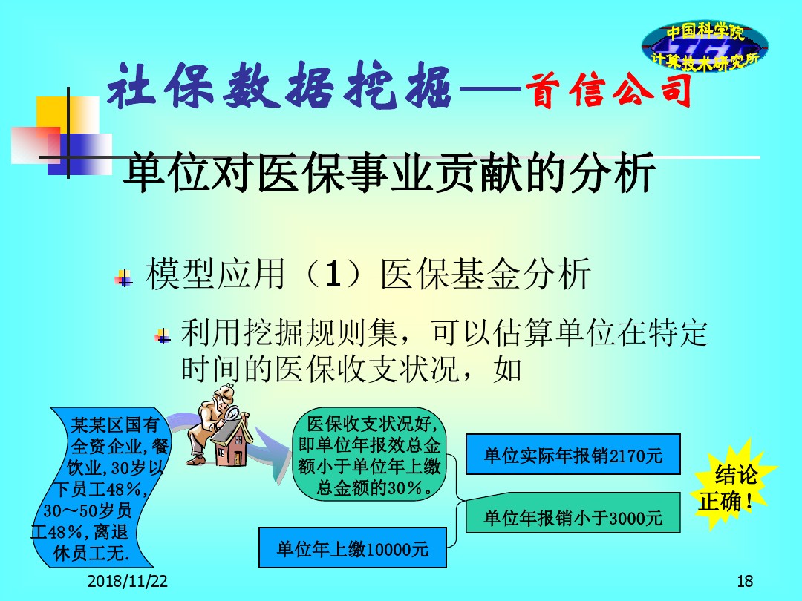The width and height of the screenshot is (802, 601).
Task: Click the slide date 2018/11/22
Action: click(x=128, y=581)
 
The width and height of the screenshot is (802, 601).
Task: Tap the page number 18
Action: click(x=745, y=581)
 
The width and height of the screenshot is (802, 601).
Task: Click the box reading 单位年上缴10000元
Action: click(x=353, y=548)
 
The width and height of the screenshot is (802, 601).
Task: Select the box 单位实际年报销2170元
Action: click(x=573, y=454)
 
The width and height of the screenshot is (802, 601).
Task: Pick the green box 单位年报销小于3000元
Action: click(x=573, y=513)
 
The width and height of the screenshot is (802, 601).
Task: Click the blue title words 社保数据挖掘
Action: click(x=279, y=86)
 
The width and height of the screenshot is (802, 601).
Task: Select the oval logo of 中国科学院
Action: click(x=705, y=47)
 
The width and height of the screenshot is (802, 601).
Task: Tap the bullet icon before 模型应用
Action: click(x=123, y=278)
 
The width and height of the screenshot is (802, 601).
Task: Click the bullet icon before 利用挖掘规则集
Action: click(x=163, y=336)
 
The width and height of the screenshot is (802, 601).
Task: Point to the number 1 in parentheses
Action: click(x=333, y=274)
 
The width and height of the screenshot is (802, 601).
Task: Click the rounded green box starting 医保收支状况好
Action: click(x=369, y=454)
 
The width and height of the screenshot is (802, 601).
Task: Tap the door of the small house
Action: click(x=237, y=456)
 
